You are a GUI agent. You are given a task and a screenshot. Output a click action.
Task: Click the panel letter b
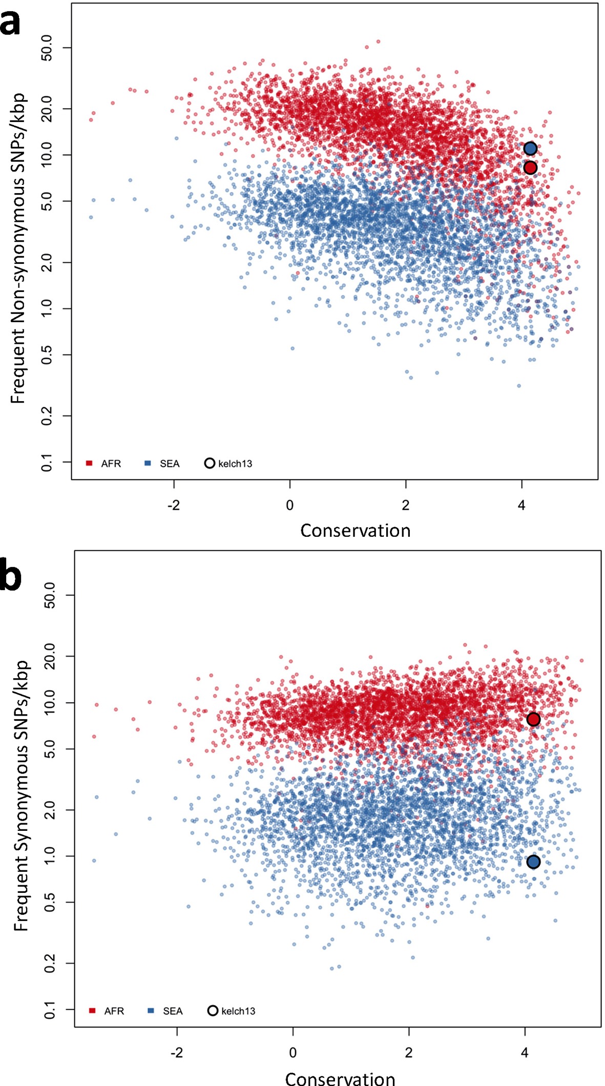(11, 575)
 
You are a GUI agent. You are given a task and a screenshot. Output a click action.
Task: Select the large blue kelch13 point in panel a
(530, 149)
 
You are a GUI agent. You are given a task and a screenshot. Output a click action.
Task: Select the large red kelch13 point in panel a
(530, 168)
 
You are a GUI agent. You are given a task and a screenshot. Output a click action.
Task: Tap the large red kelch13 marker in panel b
(533, 720)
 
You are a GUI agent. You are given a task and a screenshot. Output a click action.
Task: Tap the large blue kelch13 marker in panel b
(533, 862)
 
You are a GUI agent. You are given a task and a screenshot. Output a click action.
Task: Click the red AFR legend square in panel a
(89, 463)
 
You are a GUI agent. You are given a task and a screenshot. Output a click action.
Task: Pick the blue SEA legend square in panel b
(151, 1010)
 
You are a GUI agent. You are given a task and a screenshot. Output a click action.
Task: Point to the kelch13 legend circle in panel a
(210, 463)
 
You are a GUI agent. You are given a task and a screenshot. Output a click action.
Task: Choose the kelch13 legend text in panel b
(238, 1011)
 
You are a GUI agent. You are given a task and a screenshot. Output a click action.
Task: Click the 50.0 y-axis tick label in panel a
(47, 48)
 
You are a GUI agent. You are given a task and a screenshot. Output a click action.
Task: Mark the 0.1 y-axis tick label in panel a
(47, 463)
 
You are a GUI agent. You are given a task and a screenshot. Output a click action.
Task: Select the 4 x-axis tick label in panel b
(525, 1052)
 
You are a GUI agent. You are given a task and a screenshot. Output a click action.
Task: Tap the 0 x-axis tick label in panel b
(293, 1052)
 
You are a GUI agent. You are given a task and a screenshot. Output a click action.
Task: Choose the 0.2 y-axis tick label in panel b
(50, 963)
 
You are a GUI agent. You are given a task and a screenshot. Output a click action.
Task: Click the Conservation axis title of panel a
(355, 531)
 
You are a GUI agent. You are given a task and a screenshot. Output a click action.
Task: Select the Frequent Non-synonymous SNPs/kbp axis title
(18, 248)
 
